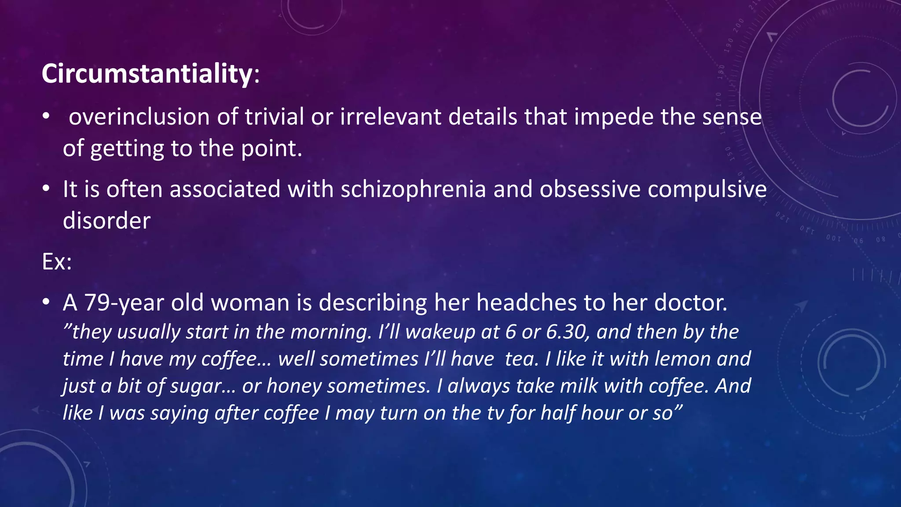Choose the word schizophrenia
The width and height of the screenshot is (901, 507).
413,189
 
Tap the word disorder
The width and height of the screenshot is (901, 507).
106,220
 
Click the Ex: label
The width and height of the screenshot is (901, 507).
57,262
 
